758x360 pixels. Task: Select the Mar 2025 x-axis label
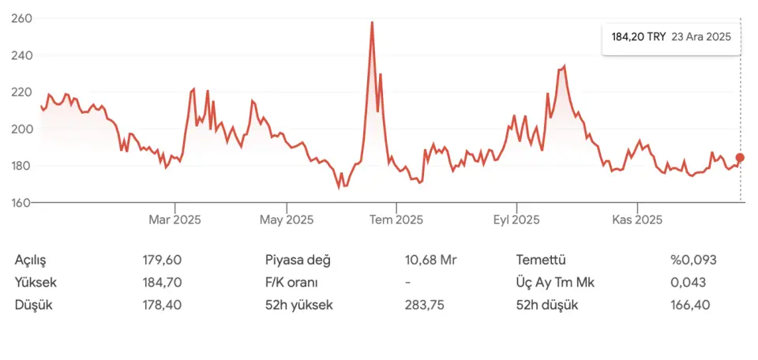[174, 219]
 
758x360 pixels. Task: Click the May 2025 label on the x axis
[287, 219]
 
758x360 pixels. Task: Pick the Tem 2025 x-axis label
[396, 219]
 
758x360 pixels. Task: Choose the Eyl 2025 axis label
[516, 219]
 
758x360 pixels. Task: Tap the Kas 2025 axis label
[637, 219]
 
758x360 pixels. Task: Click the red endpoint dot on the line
[740, 158]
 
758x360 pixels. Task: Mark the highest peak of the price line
[372, 23]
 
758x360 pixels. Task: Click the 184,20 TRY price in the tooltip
[639, 36]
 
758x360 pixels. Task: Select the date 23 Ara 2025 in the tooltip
[701, 36]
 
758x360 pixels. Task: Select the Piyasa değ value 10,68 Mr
[431, 260]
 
